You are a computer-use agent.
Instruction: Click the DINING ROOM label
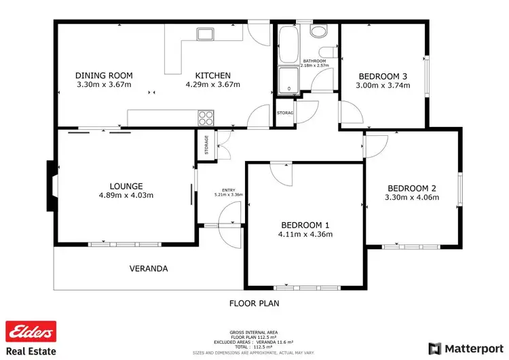(x=104, y=75)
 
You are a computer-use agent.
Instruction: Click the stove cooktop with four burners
(x=206, y=118)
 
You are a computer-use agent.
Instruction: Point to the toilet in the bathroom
(x=318, y=31)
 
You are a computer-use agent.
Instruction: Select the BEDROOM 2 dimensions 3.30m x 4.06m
(x=413, y=198)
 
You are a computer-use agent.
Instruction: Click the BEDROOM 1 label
(x=305, y=225)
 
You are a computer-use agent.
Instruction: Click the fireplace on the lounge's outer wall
(x=50, y=186)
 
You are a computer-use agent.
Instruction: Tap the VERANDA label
(x=149, y=268)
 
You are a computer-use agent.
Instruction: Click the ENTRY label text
(x=228, y=190)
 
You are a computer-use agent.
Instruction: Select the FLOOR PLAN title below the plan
(x=254, y=304)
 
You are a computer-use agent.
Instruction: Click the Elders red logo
(x=31, y=331)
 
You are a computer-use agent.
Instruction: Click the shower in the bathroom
(x=288, y=79)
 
